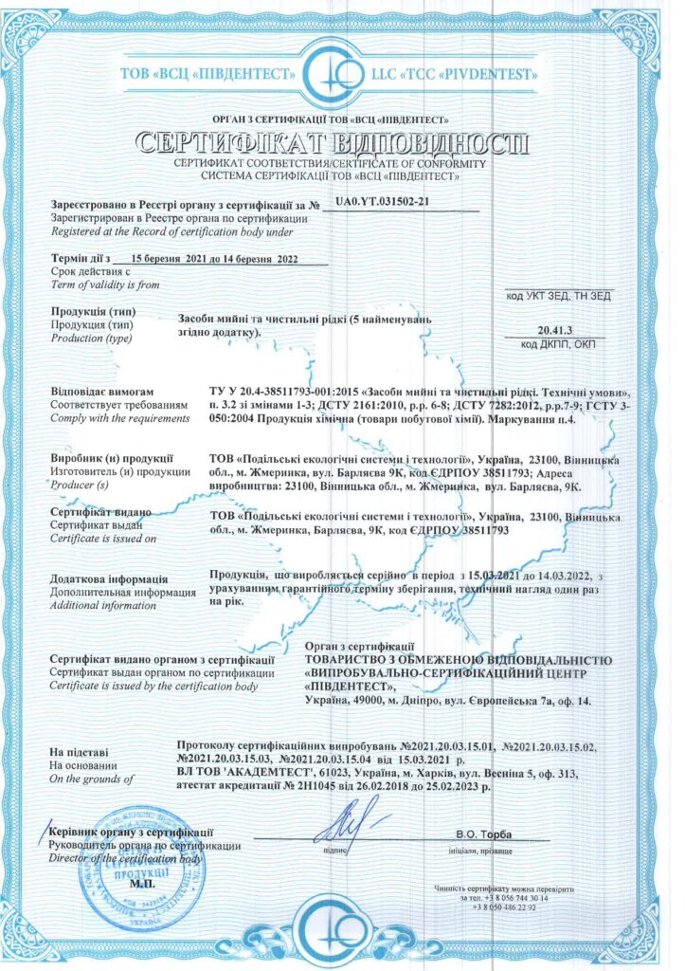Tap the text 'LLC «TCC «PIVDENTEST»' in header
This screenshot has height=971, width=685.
point(460,72)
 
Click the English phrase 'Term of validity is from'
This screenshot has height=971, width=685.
point(105,284)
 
